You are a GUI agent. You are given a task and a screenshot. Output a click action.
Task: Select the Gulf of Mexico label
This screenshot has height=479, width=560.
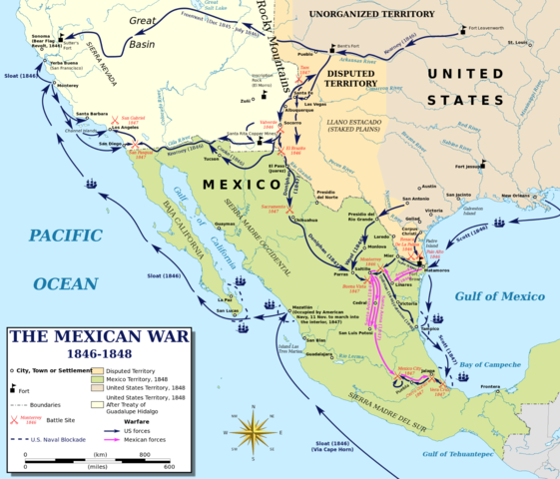point(499,296)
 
